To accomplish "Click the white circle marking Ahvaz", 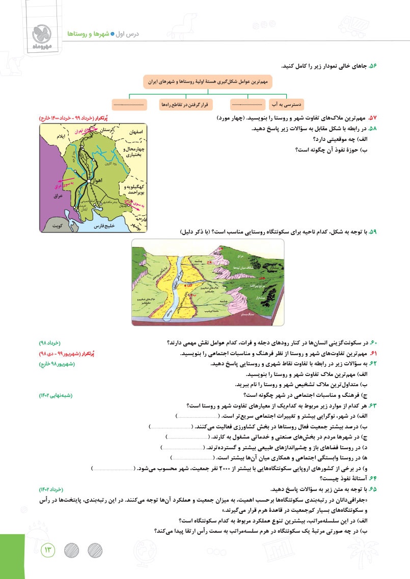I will (x=89, y=181).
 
